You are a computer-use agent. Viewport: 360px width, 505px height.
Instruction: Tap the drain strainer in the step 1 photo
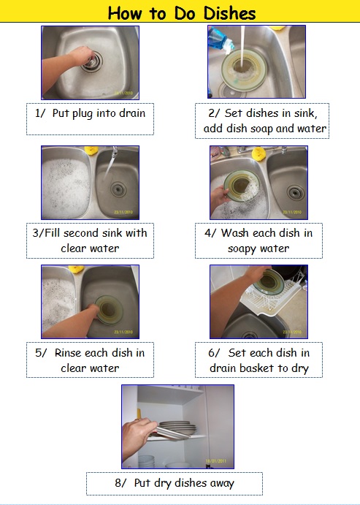[x=92, y=62]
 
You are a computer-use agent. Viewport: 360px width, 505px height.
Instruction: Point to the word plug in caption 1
[x=83, y=114]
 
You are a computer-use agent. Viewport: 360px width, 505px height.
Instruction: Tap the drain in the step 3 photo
[x=118, y=189]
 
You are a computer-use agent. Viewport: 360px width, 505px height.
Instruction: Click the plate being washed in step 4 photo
[x=242, y=186]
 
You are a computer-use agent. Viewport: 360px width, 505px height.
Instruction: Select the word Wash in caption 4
[x=235, y=233]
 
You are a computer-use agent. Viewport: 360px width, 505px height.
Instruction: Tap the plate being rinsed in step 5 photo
[x=109, y=310]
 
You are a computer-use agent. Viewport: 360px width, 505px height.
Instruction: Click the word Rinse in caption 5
[x=69, y=353]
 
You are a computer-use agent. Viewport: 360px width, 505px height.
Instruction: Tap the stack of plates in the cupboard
[x=177, y=428]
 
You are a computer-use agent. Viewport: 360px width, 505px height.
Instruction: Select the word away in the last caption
[x=222, y=483]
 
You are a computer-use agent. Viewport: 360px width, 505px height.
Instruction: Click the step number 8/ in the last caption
[x=120, y=483]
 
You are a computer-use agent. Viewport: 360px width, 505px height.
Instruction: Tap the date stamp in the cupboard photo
[x=216, y=461]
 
